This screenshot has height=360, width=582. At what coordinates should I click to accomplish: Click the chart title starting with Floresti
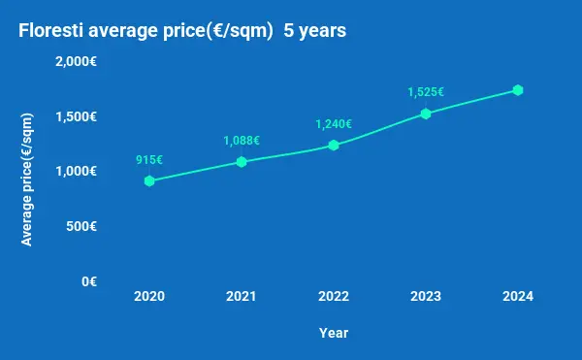[x=182, y=31]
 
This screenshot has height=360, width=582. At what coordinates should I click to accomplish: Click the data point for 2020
[x=149, y=180]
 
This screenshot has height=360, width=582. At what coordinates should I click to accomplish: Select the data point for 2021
[x=242, y=161]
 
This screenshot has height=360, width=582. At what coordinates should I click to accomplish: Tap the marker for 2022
[x=334, y=145]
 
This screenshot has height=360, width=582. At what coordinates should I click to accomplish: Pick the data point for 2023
[x=426, y=114]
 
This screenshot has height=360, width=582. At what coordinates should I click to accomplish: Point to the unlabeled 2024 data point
[x=518, y=90]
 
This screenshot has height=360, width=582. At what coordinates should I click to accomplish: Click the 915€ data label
[x=149, y=159]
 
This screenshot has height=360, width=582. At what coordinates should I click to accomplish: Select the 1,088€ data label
[x=242, y=140]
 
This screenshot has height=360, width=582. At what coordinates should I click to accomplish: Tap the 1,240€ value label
[x=334, y=123]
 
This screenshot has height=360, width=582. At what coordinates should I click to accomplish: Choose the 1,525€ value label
[x=426, y=92]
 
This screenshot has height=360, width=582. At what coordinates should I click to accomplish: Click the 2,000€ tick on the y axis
[x=82, y=61]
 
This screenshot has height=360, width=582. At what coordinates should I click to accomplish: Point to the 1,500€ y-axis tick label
[x=82, y=116]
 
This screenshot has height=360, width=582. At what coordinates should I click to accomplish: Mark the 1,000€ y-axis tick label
[x=82, y=171]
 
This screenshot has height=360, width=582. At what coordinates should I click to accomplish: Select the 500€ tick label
[x=86, y=226]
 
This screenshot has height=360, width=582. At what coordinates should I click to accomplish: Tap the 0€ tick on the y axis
[x=89, y=281]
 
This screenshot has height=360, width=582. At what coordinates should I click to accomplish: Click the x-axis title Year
[x=334, y=333]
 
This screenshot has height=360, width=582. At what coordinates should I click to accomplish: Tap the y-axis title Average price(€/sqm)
[x=27, y=180]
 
